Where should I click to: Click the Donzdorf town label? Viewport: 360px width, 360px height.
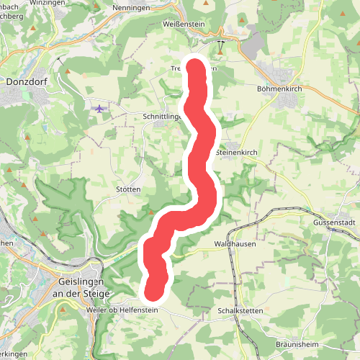(x=25, y=82)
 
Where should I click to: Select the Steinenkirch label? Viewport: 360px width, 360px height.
(x=236, y=153)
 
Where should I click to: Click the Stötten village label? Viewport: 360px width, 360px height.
(x=127, y=189)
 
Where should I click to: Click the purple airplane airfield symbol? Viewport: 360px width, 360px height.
(x=99, y=109)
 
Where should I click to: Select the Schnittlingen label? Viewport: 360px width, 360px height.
(x=160, y=115)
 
